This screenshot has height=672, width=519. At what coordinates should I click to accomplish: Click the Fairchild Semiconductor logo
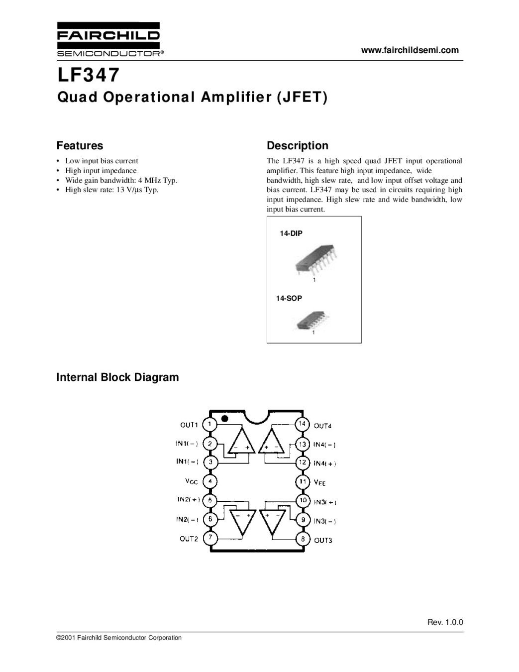108,39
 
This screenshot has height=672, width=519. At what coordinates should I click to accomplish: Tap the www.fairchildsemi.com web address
410,50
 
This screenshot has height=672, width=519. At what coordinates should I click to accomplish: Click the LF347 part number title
89,75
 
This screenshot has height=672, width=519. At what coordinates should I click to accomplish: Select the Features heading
80,146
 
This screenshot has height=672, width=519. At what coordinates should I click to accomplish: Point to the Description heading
298,146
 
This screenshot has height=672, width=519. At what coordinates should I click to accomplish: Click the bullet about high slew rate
111,190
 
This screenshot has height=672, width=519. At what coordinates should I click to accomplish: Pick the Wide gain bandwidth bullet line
121,180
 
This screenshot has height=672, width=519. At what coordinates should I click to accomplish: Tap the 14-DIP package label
291,233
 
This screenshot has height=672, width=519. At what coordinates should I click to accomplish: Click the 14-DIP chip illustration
314,258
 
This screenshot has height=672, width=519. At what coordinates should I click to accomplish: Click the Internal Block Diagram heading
117,377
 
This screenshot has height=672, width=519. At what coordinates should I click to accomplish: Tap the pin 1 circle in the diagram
210,424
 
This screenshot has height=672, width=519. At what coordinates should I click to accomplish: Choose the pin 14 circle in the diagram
302,424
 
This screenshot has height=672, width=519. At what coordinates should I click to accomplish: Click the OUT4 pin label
322,426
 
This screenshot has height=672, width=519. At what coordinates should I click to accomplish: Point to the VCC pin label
191,481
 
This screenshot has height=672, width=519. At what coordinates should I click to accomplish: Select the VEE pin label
319,482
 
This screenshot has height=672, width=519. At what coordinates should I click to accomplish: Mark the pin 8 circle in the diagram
302,539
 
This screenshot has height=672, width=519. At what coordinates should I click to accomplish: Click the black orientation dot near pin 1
225,419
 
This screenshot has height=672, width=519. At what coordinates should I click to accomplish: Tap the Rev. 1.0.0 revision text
445,622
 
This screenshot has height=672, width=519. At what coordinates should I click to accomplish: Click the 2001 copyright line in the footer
119,638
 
